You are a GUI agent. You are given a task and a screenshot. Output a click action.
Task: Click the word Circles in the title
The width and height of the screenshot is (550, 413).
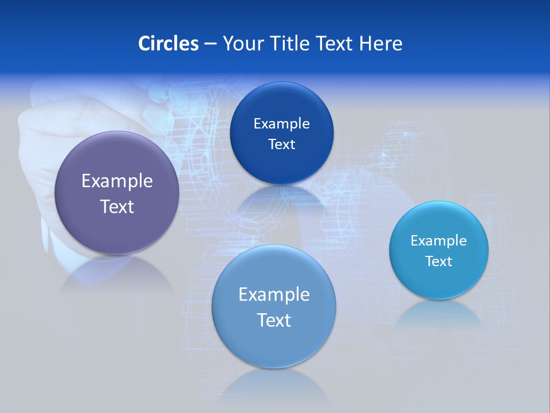(x=168, y=44)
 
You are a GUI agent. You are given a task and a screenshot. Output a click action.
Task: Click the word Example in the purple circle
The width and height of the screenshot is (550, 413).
(x=117, y=181)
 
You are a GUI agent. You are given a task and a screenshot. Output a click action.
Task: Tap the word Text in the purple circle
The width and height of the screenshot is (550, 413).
(x=117, y=206)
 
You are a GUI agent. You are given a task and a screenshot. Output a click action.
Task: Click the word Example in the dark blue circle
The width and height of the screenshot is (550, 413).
(x=281, y=124)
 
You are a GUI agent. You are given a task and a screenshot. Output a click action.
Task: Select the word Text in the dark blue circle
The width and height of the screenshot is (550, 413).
(x=281, y=145)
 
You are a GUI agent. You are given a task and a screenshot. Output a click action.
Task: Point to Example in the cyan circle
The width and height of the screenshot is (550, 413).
(x=439, y=241)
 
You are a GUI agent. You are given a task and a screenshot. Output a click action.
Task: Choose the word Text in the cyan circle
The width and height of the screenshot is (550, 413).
(x=439, y=262)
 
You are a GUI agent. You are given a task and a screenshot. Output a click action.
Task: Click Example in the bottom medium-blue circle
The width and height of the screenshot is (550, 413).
(x=274, y=295)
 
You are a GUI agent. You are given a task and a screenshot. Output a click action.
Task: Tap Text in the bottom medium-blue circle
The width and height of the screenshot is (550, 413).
(x=274, y=320)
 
